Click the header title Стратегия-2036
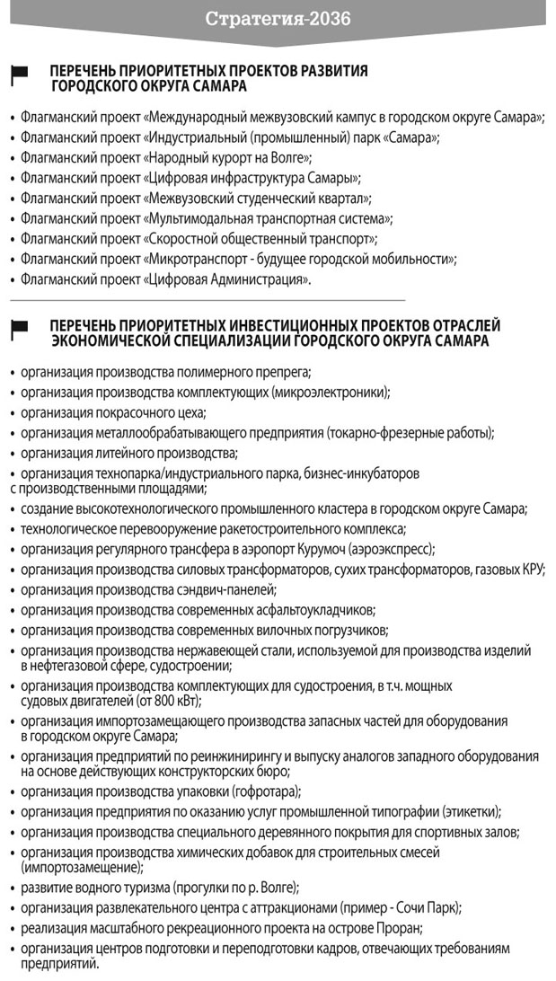pyautogui.click(x=278, y=18)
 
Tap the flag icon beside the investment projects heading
pyautogui.click(x=19, y=329)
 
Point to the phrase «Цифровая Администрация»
pyautogui.click(x=227, y=279)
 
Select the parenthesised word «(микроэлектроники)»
pyautogui.click(x=335, y=393)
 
